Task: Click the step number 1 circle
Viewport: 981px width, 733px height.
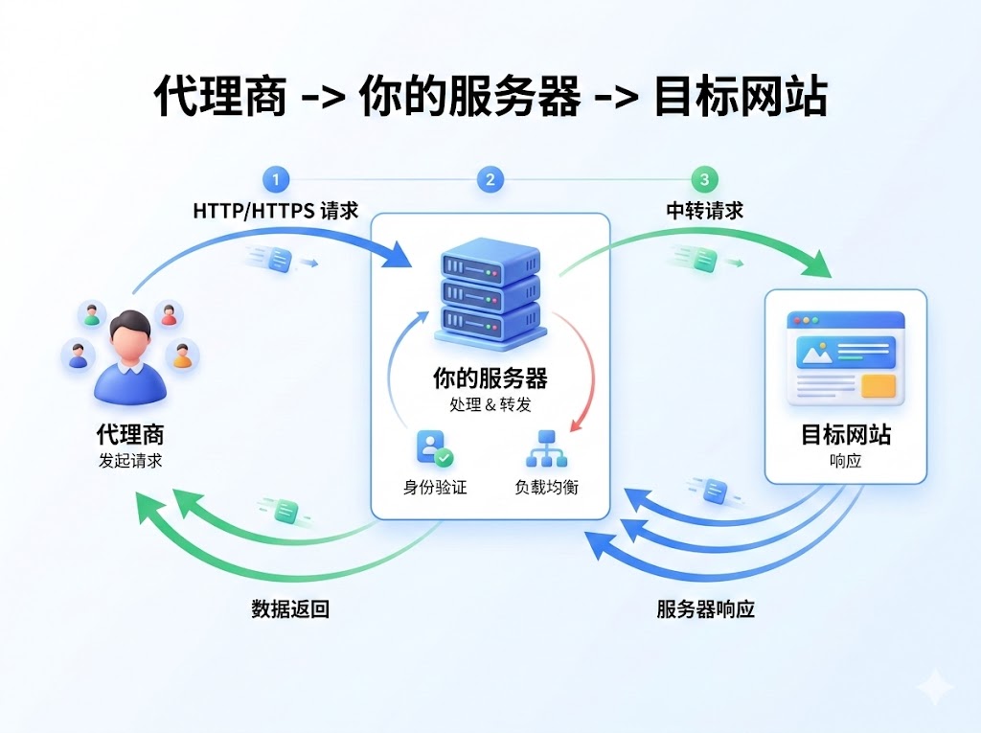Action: (x=276, y=179)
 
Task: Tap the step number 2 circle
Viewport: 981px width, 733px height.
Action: (x=490, y=179)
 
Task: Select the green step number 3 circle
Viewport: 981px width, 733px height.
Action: (x=705, y=179)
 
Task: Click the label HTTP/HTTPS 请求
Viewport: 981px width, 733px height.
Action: (x=276, y=211)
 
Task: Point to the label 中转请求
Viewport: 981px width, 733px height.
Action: (x=705, y=211)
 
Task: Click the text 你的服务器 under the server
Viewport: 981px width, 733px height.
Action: (x=490, y=378)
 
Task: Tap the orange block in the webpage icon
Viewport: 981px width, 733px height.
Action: (x=878, y=385)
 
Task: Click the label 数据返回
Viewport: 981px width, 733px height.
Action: (x=290, y=609)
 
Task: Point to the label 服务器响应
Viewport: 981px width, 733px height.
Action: (x=706, y=609)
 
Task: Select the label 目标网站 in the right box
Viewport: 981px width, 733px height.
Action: (x=846, y=435)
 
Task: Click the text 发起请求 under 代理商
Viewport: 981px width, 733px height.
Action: (x=129, y=460)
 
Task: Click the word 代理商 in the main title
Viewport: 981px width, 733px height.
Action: (x=220, y=97)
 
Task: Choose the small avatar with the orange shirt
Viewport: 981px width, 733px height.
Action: (x=182, y=356)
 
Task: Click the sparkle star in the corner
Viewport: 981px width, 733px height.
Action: (x=934, y=688)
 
